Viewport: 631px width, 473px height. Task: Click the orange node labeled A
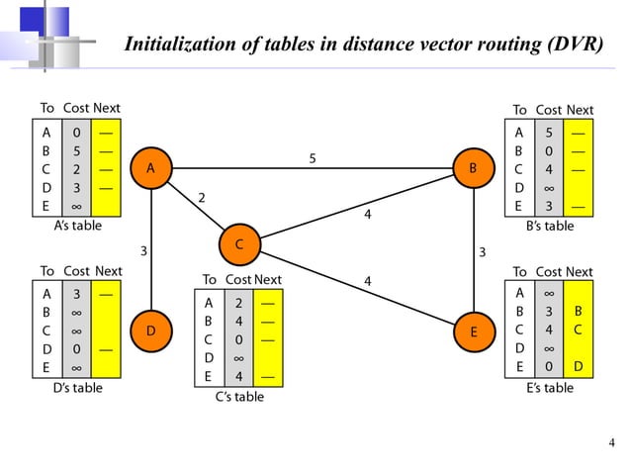pyautogui.click(x=150, y=168)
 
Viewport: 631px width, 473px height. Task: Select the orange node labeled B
pyautogui.click(x=473, y=168)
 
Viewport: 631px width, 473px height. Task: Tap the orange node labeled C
pyautogui.click(x=238, y=242)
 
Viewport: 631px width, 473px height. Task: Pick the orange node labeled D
pyautogui.click(x=150, y=331)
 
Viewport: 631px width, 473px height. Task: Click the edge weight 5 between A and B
pyautogui.click(x=313, y=157)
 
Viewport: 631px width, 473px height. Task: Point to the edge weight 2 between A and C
pyautogui.click(x=202, y=199)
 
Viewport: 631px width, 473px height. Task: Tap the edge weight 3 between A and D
pyautogui.click(x=144, y=251)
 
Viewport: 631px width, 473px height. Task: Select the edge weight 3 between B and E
pyautogui.click(x=482, y=251)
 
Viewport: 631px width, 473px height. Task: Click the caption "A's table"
pyautogui.click(x=77, y=226)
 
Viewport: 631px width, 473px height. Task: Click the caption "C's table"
pyautogui.click(x=239, y=397)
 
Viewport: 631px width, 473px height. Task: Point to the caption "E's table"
pyautogui.click(x=550, y=388)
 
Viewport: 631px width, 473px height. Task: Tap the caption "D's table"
pyautogui.click(x=77, y=388)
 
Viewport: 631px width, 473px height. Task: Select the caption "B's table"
pyautogui.click(x=550, y=226)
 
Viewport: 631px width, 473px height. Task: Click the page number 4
pyautogui.click(x=610, y=441)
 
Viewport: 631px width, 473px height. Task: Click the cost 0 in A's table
pyautogui.click(x=77, y=131)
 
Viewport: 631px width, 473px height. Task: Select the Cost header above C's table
pyautogui.click(x=237, y=280)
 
